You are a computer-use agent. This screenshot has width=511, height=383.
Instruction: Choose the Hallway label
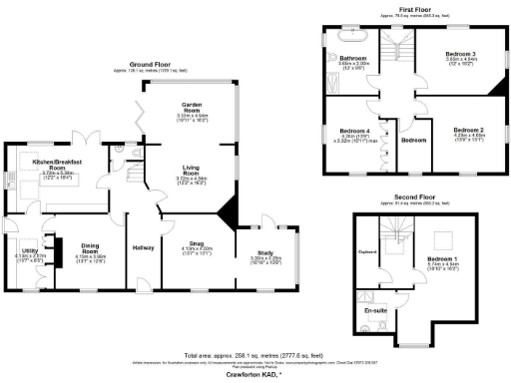coord(139,247)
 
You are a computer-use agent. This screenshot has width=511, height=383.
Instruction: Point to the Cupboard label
coord(366,252)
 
